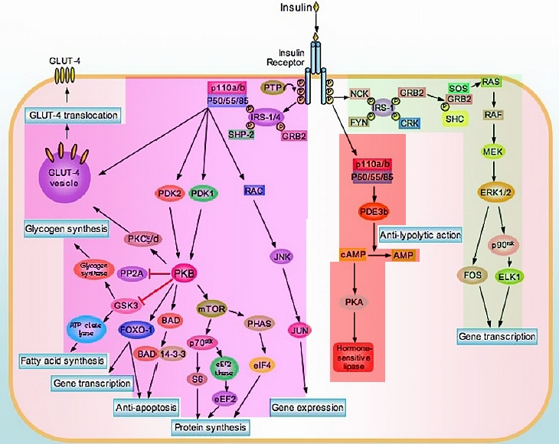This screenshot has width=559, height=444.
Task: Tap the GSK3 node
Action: (126, 305)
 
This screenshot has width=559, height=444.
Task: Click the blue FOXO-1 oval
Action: (137, 331)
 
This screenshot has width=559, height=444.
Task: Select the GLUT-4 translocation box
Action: (73, 116)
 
